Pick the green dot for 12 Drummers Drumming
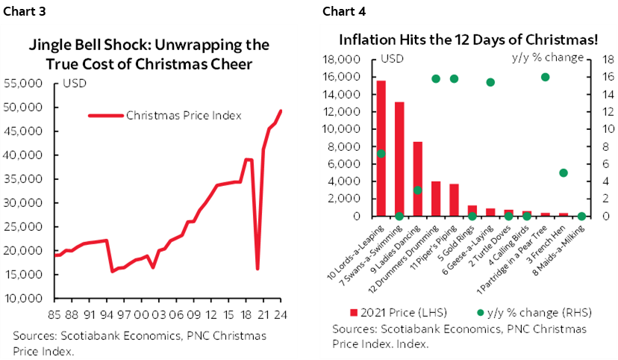pos(436,78)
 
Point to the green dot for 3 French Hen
pos(564,173)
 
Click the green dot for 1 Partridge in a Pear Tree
pos(545,77)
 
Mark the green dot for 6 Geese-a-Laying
pos(490,82)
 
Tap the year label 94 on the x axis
pos(106,314)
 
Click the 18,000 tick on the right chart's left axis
pos(357,60)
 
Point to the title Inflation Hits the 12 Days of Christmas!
pos(469,40)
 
